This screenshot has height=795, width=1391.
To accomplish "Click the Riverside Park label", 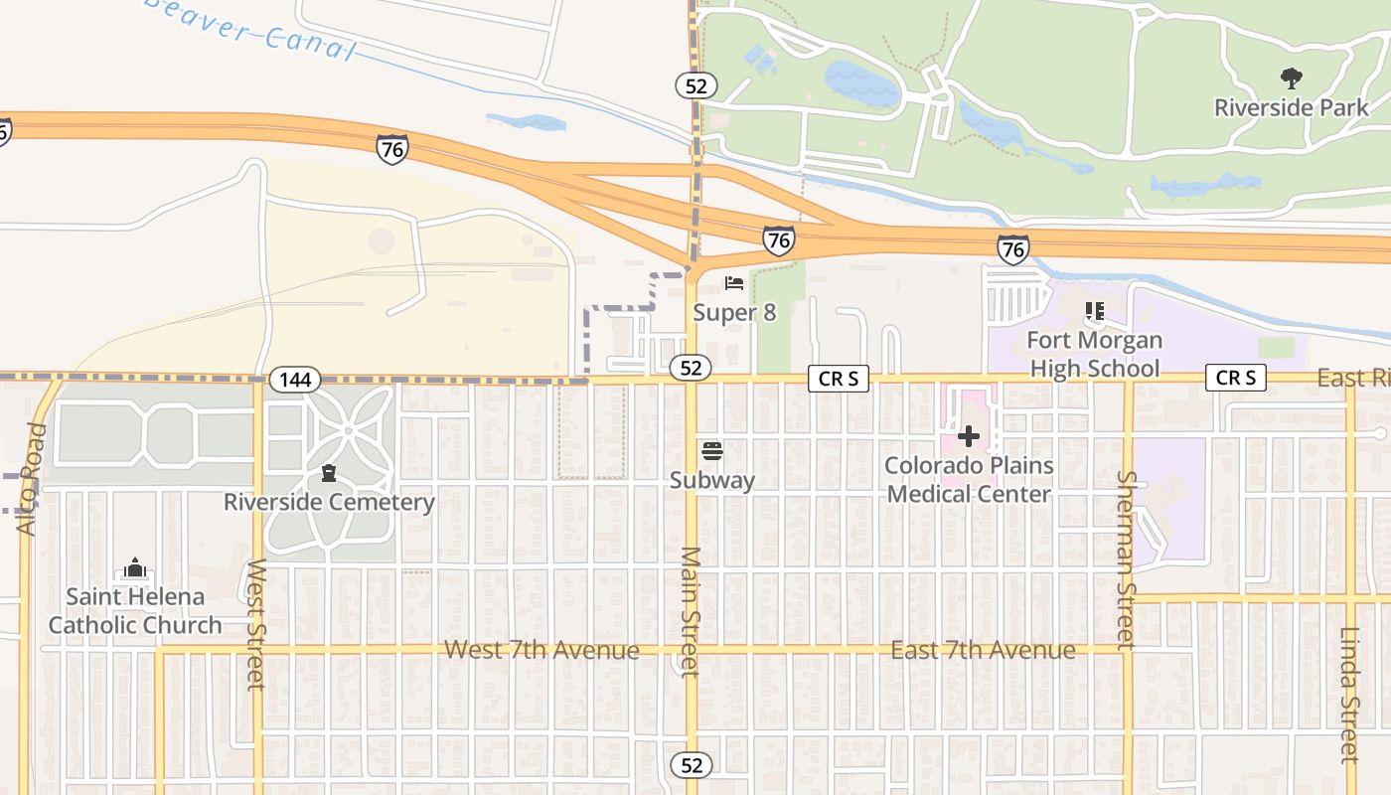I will pyautogui.click(x=1291, y=107).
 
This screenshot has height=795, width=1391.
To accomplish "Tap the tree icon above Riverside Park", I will pyautogui.click(x=1291, y=78).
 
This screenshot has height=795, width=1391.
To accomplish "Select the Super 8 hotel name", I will pyautogui.click(x=734, y=312).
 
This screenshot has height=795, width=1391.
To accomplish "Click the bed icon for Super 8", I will pyautogui.click(x=734, y=283).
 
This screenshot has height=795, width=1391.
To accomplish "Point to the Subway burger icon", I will pyautogui.click(x=711, y=451).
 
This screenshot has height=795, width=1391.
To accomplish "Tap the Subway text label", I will pyautogui.click(x=711, y=480).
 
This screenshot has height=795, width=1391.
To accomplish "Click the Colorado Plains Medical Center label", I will pyautogui.click(x=968, y=479).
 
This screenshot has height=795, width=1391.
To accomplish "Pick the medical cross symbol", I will pyautogui.click(x=968, y=435).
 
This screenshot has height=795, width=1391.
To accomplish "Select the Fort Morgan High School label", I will pyautogui.click(x=1094, y=354).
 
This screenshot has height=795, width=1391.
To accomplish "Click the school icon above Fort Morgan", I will pyautogui.click(x=1094, y=311).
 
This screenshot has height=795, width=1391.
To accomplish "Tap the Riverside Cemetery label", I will pyautogui.click(x=329, y=502).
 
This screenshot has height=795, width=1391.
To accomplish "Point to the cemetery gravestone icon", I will pyautogui.click(x=329, y=472).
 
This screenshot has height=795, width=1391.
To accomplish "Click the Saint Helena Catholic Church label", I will pyautogui.click(x=135, y=610).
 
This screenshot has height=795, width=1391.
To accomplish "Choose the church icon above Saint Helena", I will pyautogui.click(x=135, y=568).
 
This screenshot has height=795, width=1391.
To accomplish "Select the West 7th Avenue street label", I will pyautogui.click(x=541, y=650).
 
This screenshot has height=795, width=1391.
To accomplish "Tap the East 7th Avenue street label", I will pyautogui.click(x=983, y=650).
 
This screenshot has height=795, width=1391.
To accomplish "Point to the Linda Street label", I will pyautogui.click(x=1348, y=695).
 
